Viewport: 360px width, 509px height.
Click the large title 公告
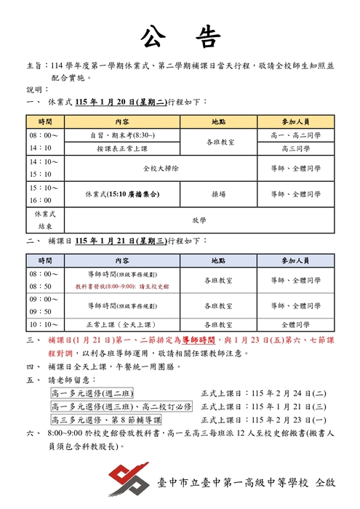pyautogui.click(x=180, y=37)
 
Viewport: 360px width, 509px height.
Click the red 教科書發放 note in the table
pyautogui.click(x=122, y=286)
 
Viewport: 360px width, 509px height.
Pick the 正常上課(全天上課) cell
pyautogui.click(x=122, y=325)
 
